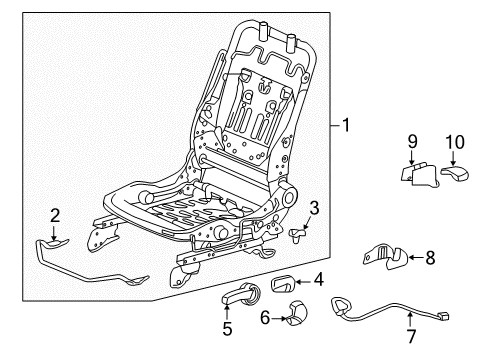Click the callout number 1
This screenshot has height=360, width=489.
click(x=345, y=127)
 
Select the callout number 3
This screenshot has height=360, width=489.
click(x=314, y=208)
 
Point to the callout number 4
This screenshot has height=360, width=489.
click(x=319, y=280)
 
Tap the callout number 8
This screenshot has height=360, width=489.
click(x=430, y=257)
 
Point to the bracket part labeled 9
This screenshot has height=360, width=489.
click(x=419, y=173)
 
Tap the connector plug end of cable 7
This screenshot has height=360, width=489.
click(x=443, y=318)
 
